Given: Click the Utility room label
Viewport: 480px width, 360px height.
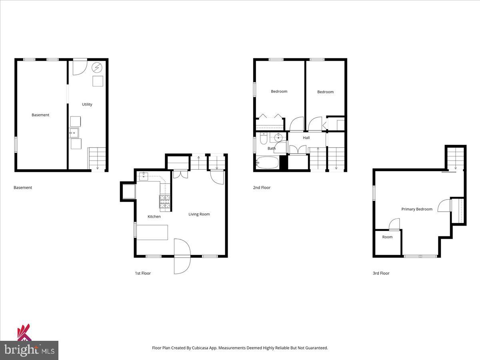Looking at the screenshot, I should [x=87, y=104].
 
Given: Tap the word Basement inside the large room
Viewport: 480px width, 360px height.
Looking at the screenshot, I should [x=40, y=115].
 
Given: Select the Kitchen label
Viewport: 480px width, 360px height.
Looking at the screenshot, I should [x=154, y=216].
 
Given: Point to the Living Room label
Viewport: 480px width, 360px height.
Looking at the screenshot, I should [x=199, y=214].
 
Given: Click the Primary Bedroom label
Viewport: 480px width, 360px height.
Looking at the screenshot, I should [x=417, y=209].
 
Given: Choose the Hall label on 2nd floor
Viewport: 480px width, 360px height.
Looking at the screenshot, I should [x=306, y=138].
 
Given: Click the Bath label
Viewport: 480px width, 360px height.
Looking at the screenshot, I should [x=272, y=148].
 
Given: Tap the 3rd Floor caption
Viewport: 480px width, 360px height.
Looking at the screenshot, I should [x=381, y=273].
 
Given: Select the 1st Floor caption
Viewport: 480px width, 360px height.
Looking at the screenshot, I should [x=143, y=273].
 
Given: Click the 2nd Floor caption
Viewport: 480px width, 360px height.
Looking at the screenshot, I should [x=262, y=187].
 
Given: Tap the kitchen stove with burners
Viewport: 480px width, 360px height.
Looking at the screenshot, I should [x=165, y=202].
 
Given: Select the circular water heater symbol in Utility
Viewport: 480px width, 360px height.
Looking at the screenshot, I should [x=97, y=67].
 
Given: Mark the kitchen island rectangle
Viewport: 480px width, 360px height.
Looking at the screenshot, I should [x=152, y=232].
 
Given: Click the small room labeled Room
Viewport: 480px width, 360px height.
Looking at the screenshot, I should [x=387, y=242].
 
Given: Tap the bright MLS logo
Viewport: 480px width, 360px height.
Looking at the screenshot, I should [x=29, y=350].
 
